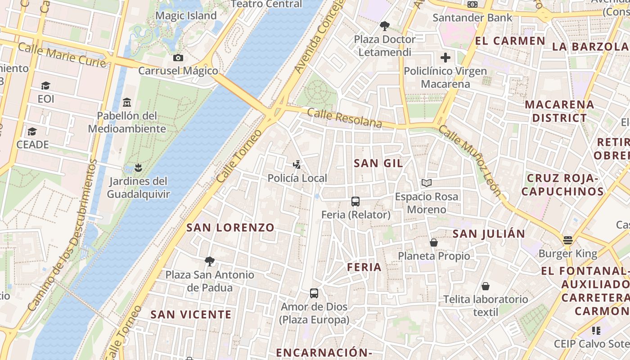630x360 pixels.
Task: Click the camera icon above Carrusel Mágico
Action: point(178,58)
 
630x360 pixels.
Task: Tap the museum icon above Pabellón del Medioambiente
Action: point(127,102)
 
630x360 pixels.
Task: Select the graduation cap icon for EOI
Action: point(45,85)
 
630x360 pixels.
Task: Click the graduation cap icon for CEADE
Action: point(32,131)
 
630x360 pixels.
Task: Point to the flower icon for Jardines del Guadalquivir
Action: point(138,168)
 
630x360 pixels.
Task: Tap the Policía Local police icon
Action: point(297,164)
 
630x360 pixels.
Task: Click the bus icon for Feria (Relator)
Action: point(355,201)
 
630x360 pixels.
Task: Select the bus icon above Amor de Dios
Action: point(314,293)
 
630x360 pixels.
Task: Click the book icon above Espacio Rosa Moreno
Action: point(426,183)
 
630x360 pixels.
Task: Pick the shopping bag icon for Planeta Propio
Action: point(434,243)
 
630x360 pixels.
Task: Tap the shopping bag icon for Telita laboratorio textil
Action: point(486,286)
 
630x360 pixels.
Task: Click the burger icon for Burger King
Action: point(568,240)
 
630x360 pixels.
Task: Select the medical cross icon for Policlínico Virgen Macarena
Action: point(445,58)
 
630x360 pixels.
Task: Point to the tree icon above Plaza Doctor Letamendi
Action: point(384,26)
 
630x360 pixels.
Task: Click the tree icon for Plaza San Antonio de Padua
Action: point(209,261)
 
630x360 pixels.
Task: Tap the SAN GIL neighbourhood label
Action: point(378,163)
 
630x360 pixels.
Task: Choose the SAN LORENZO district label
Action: point(230,228)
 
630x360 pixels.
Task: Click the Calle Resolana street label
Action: point(345,118)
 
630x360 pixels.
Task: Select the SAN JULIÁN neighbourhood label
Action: point(489,234)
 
